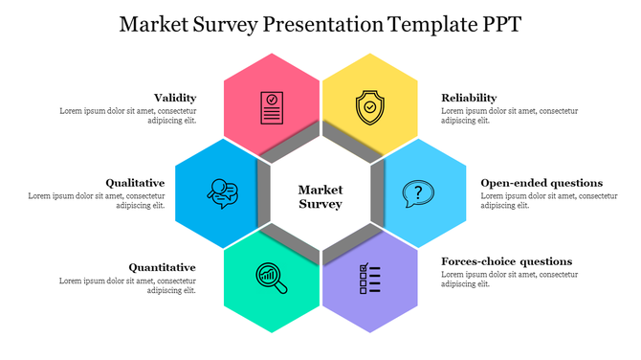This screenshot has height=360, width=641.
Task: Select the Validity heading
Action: point(175,98)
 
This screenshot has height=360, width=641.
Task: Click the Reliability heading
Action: point(469,98)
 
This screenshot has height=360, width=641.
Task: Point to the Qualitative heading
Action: point(135,183)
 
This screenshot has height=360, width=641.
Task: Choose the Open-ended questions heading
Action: point(542,183)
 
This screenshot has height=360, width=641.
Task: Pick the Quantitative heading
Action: point(163,267)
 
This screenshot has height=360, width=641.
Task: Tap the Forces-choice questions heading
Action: point(506,261)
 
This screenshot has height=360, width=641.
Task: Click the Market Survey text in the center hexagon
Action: point(320,196)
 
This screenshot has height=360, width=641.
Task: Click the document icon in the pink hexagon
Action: point(272,106)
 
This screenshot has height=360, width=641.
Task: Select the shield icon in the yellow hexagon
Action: point(368,106)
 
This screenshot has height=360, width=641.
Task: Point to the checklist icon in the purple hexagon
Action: point(369,279)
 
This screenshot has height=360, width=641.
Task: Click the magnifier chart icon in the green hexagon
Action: point(271,277)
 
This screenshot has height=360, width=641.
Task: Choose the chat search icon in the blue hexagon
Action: point(223,193)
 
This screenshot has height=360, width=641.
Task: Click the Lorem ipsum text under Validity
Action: point(128,116)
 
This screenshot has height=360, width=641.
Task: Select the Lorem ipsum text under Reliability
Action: point(509,116)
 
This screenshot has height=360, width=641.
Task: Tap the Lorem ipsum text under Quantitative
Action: point(128,285)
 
